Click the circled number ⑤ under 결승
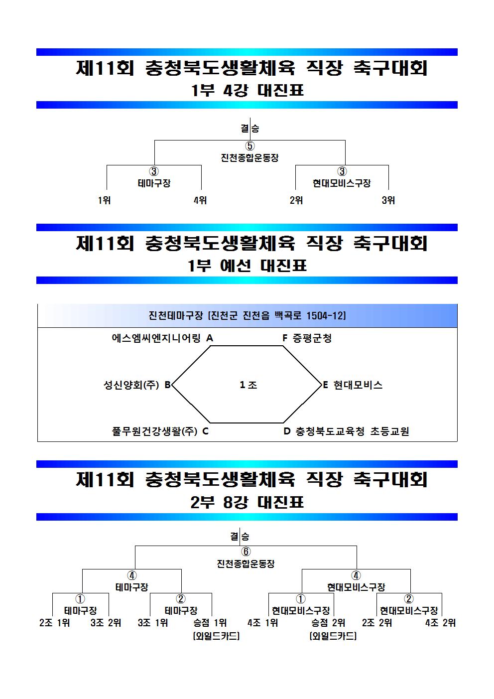coord(250,146)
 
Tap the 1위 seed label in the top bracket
coord(104,200)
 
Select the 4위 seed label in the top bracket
coord(200,200)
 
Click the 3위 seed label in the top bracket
coord(388,200)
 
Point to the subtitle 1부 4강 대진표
coord(247,91)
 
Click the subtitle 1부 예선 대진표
coord(247,266)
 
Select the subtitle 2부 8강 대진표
coord(247,502)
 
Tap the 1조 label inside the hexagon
coord(248,385)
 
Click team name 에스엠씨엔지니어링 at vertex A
coord(156,338)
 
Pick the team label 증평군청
coord(312,338)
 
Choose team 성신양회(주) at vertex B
coord(131,385)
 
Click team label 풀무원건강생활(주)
coord(155,431)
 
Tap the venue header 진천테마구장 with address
coord(247,315)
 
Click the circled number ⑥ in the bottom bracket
coord(246,552)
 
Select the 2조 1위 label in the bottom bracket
coord(55,623)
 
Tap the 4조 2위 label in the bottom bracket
coord(440,623)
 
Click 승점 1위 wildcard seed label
coord(210,623)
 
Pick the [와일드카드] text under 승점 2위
coord(333,636)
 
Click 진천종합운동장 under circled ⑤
coord(250,157)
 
